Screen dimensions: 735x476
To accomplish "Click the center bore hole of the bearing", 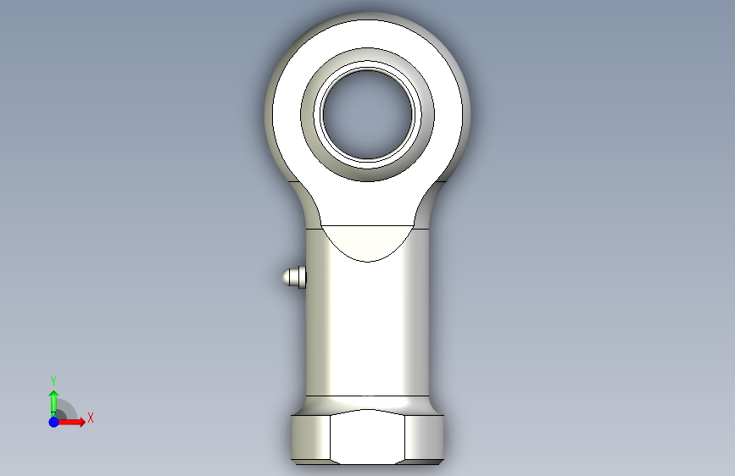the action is point(368,114).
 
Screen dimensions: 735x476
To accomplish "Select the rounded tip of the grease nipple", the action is point(286,277).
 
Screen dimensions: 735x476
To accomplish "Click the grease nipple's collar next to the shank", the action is point(303,277).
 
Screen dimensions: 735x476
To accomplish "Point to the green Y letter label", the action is point(53,380).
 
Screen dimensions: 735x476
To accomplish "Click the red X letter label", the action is point(91,418).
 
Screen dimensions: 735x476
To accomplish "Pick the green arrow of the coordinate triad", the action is point(53,404).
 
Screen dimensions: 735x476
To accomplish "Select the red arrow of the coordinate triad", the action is point(70,422).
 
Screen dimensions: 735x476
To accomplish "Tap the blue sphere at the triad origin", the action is point(54,422).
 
